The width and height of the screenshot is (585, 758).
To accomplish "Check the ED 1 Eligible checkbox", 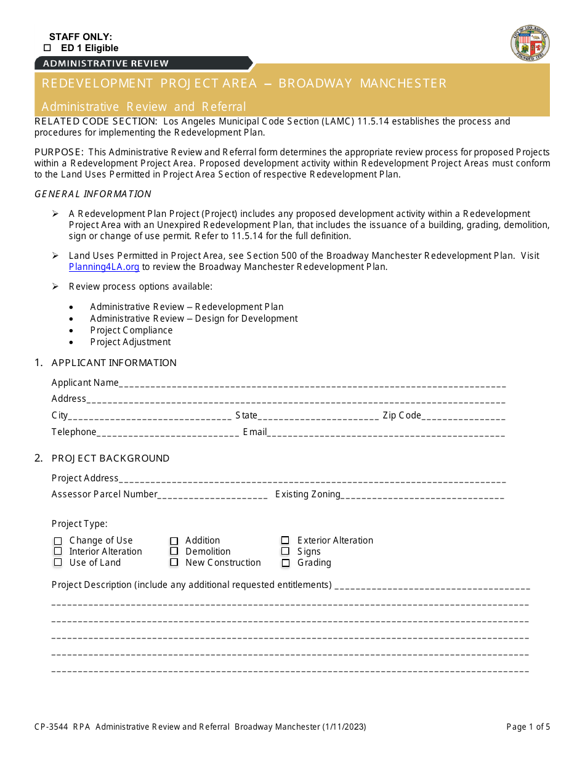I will (x=47, y=48).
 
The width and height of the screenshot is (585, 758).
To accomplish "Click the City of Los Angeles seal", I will (x=530, y=44).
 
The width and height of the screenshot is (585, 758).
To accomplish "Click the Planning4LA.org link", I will (x=104, y=267).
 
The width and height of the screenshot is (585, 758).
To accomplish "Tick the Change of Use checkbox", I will (x=58, y=541).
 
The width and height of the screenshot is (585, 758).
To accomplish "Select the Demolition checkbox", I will (x=174, y=552).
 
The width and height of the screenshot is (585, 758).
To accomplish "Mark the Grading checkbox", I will (x=286, y=563).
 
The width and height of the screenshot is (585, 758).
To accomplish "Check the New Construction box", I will (x=174, y=563).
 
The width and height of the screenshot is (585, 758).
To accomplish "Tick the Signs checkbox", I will (x=286, y=552).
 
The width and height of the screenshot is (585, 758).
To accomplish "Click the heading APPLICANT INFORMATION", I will (x=114, y=363).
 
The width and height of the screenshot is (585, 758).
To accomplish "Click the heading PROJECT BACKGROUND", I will (x=110, y=458).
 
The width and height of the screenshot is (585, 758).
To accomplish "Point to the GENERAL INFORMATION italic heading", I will (x=93, y=194).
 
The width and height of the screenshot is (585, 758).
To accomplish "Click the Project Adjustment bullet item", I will (x=131, y=342).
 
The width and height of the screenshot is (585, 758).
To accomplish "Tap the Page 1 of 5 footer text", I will (x=528, y=727).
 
